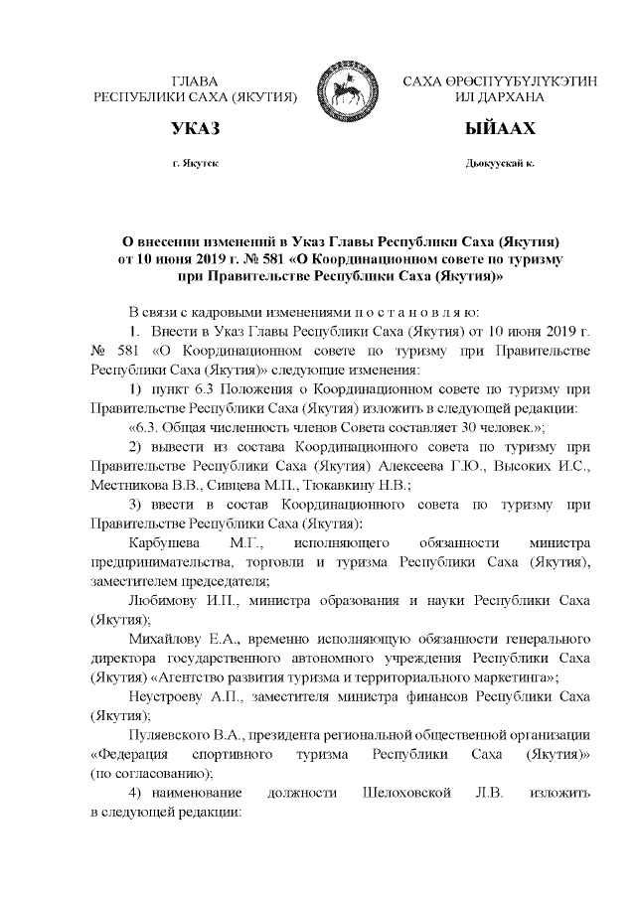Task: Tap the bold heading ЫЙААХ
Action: tap(500, 129)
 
